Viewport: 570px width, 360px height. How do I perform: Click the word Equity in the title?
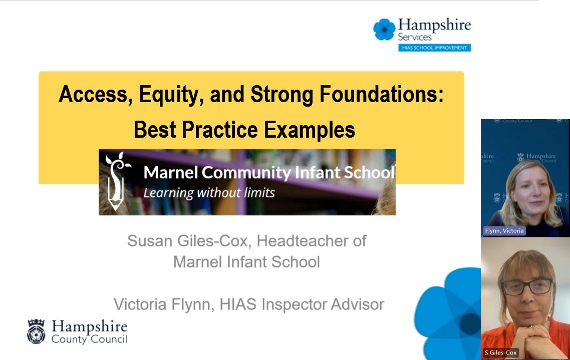(x=169, y=95)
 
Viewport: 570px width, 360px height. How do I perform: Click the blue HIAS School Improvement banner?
(x=434, y=48)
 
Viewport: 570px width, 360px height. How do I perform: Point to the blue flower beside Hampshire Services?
(x=384, y=29)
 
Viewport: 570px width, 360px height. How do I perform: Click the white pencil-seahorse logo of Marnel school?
(x=116, y=181)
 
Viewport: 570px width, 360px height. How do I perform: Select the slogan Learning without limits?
(x=209, y=193)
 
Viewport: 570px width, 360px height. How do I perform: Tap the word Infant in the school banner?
(x=318, y=172)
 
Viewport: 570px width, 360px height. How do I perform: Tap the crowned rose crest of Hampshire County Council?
(x=37, y=331)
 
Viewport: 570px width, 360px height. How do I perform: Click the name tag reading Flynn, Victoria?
(x=504, y=231)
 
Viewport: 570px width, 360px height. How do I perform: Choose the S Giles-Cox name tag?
(x=500, y=352)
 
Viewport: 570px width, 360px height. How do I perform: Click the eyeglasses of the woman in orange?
(x=527, y=286)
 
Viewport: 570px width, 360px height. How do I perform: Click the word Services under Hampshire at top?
(x=414, y=37)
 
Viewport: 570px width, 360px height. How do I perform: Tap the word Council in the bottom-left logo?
(x=109, y=339)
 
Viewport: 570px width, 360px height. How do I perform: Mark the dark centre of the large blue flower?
(x=470, y=323)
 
